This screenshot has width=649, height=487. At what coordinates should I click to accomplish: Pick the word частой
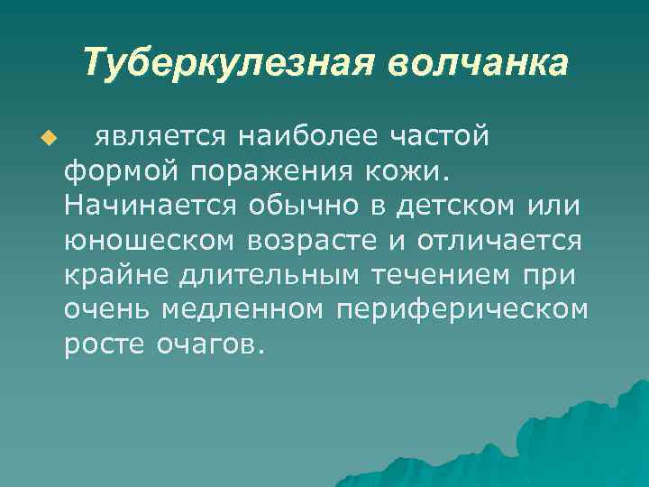[x=442, y=135]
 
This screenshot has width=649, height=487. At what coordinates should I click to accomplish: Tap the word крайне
[x=112, y=275]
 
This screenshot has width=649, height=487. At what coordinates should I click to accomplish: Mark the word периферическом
[x=462, y=310]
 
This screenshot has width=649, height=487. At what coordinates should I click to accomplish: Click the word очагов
[x=206, y=345]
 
